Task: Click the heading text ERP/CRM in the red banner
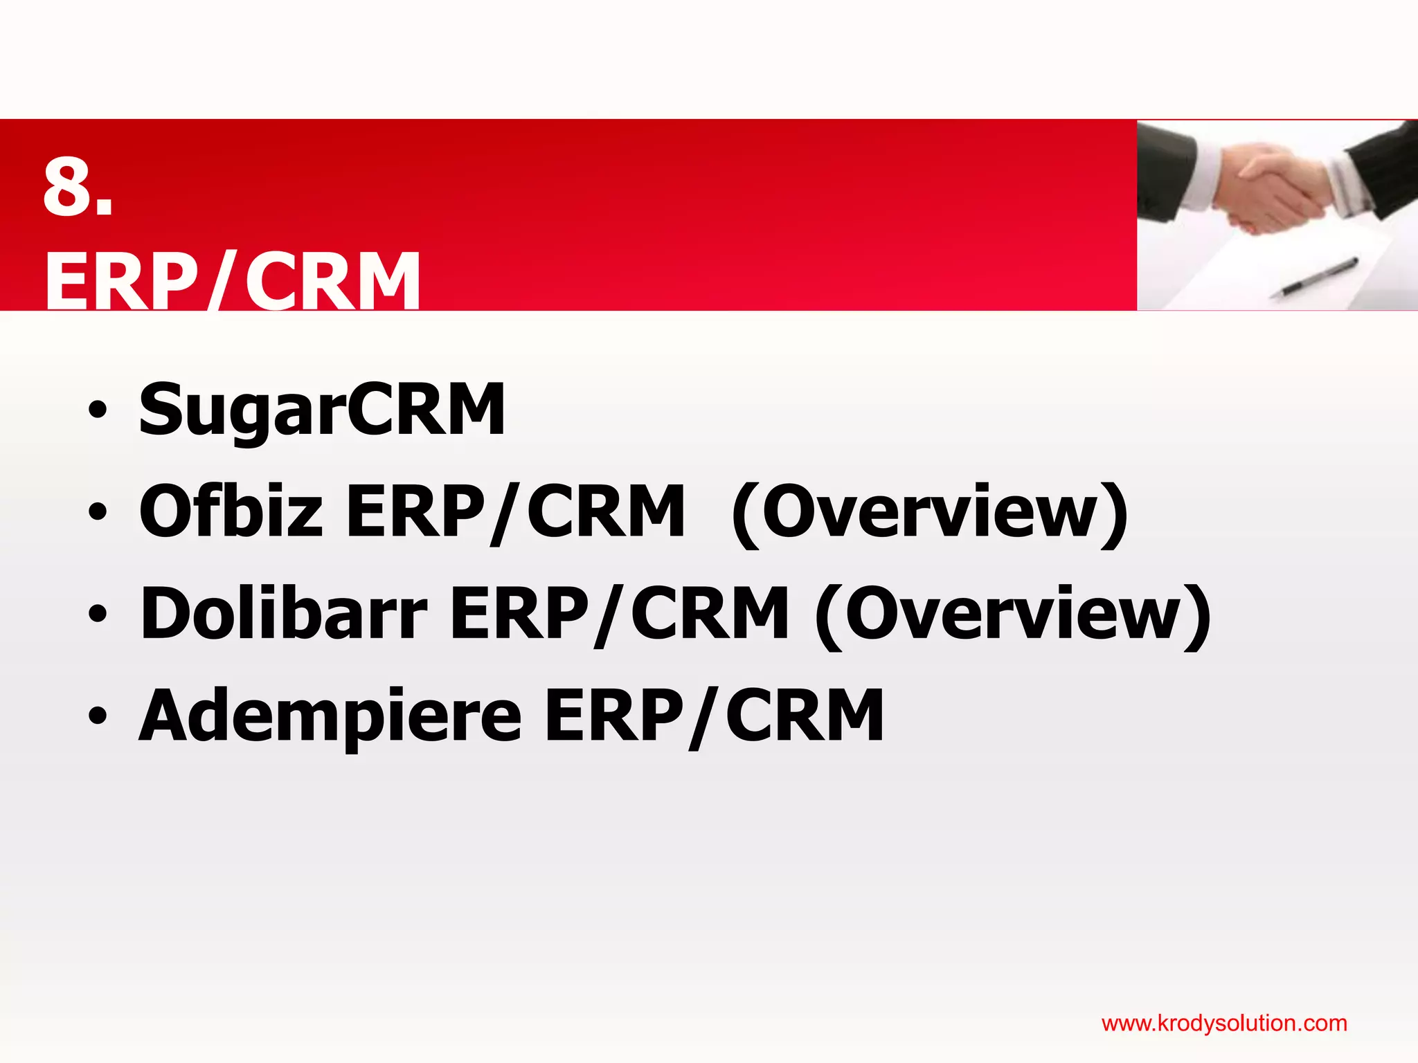(x=233, y=281)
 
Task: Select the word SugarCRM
(x=322, y=410)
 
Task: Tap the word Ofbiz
(x=231, y=511)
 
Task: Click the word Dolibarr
(x=284, y=613)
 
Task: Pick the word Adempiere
(x=330, y=716)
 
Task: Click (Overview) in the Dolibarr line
(x=1013, y=615)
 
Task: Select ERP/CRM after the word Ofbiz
(x=515, y=511)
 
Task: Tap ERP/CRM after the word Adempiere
(x=714, y=716)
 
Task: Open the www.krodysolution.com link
(x=1223, y=1023)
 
